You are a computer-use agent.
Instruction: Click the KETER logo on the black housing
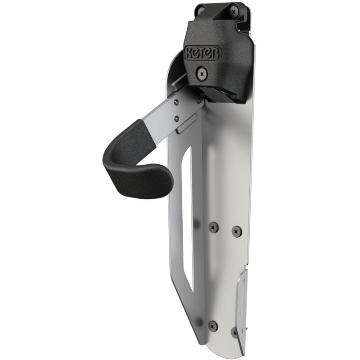pos(202,53)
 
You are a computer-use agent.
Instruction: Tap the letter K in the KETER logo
pos(189,53)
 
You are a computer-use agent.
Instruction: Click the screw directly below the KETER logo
pos(202,74)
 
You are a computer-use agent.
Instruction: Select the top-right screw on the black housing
pos(234,12)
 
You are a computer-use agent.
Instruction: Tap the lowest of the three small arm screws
pos(176,119)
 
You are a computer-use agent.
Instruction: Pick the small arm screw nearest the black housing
pos(199,100)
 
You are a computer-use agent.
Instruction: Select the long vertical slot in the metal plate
pos(188,218)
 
